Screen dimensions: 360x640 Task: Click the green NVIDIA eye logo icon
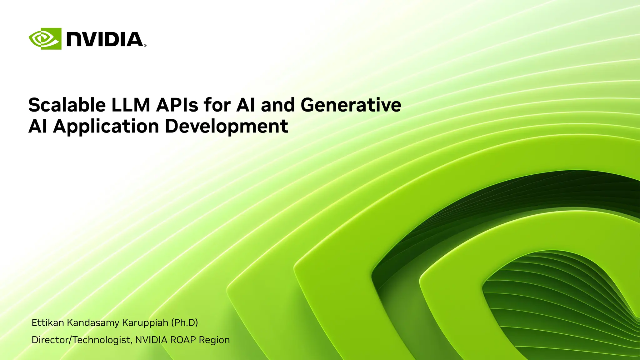45,39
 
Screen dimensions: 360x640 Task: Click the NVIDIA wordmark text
105,39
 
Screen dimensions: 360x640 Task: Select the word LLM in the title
131,105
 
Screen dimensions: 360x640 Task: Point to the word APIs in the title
177,105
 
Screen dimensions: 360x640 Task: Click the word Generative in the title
351,105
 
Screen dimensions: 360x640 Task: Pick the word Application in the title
106,127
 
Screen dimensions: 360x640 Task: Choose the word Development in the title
226,127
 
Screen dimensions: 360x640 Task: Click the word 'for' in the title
217,105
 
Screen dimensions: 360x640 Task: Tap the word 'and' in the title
278,105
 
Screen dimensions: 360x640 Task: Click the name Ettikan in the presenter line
48,322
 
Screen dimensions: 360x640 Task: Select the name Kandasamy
93,322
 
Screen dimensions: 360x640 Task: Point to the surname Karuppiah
145,322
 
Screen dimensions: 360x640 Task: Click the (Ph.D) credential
185,322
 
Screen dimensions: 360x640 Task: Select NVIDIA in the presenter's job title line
151,340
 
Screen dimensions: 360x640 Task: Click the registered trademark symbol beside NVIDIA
145,46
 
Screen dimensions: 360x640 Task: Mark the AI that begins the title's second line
38,127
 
